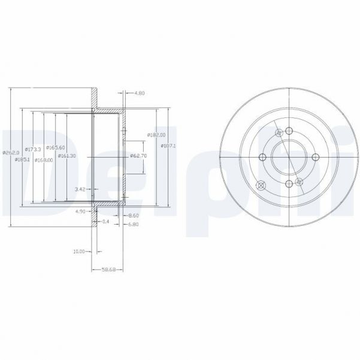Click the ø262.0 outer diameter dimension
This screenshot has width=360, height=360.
7,153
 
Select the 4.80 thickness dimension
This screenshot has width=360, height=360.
140,93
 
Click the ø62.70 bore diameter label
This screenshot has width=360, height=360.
138,156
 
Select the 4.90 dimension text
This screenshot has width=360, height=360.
80,212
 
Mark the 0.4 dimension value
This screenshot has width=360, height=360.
107,222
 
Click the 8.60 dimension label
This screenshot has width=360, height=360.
134,214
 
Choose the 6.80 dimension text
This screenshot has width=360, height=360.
134,225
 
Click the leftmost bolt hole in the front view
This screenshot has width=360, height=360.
262,158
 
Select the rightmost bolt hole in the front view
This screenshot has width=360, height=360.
315,158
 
